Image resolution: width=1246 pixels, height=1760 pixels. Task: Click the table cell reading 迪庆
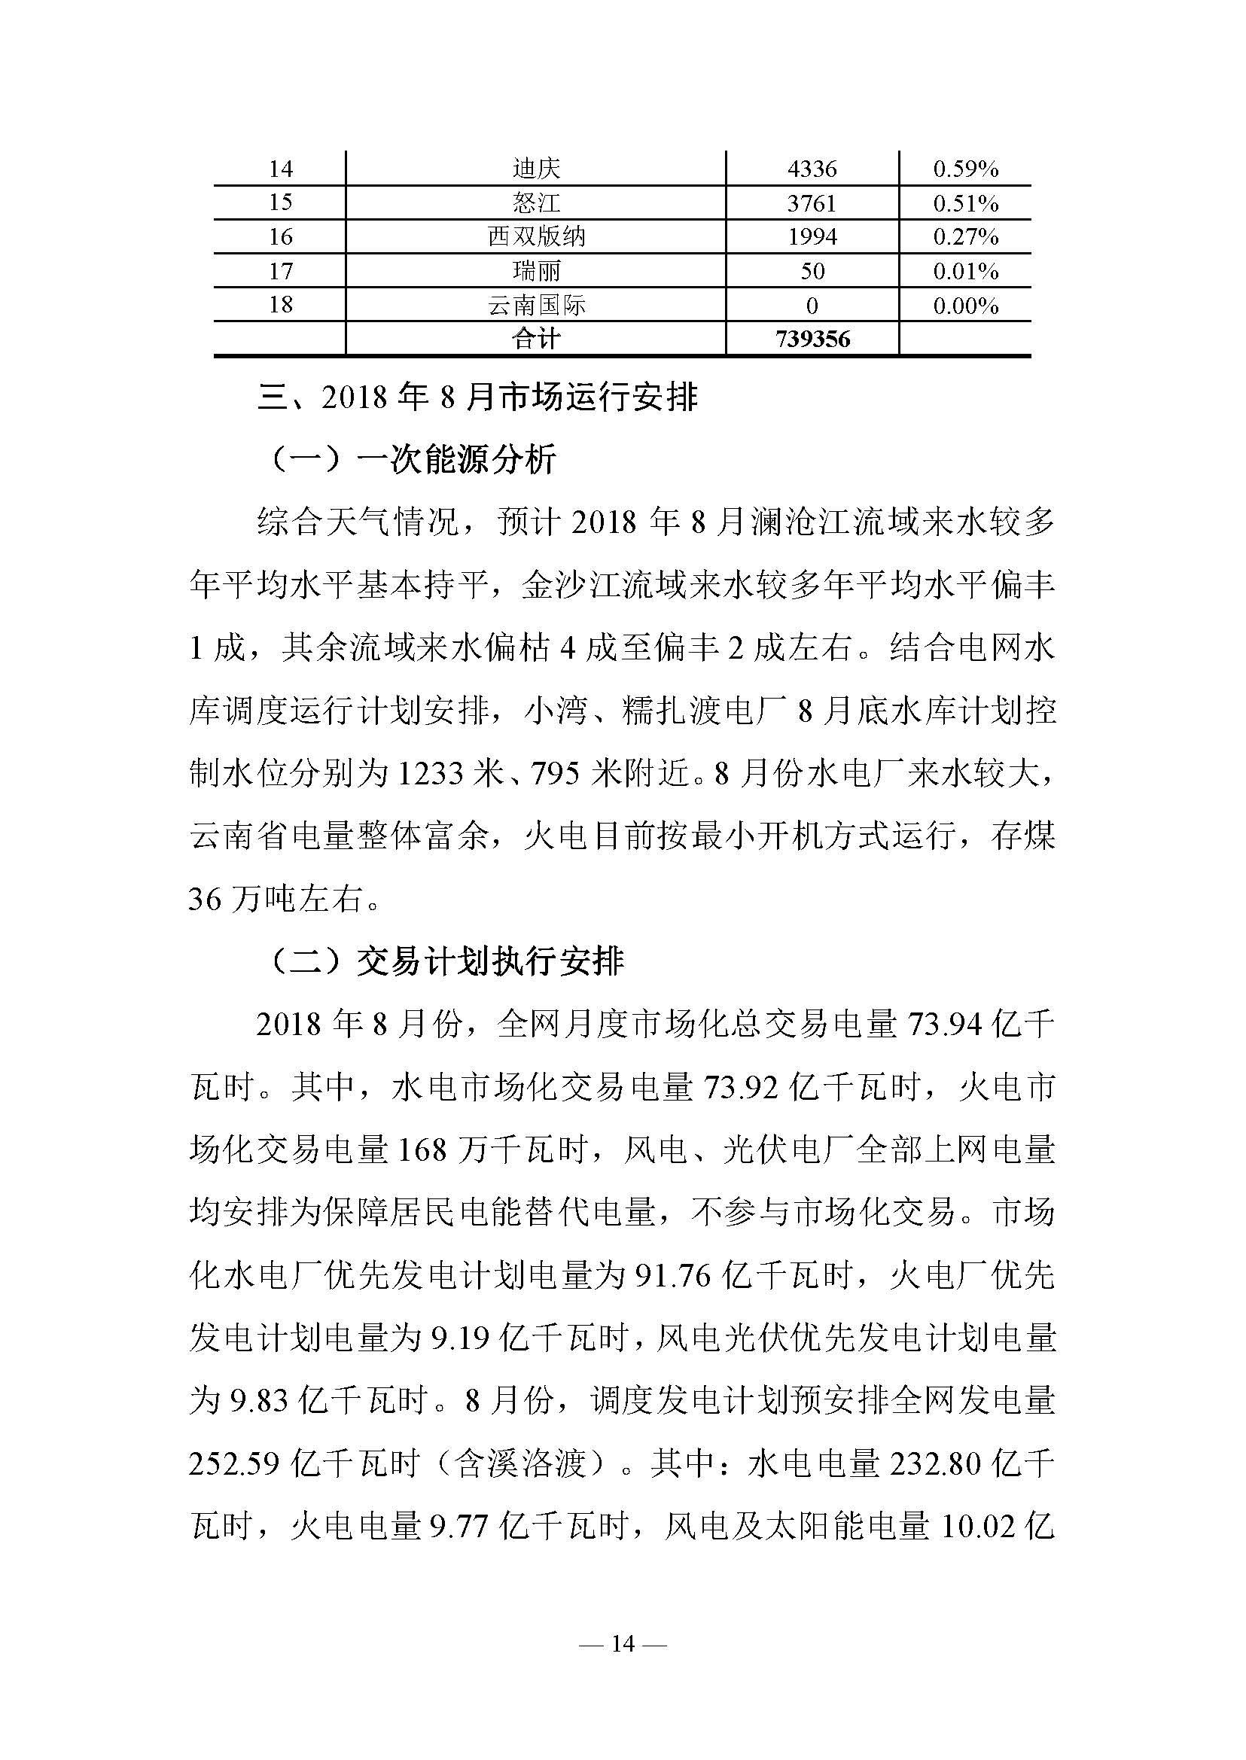click(536, 169)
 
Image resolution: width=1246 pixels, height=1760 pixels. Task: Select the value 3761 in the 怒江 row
click(812, 203)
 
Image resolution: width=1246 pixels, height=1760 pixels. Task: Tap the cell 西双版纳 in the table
click(536, 237)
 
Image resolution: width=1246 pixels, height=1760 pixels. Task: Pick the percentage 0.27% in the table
click(965, 237)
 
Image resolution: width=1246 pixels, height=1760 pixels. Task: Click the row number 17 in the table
click(280, 271)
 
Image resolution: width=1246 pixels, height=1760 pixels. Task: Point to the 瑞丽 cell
click(536, 271)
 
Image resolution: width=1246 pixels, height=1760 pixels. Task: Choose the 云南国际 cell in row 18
click(536, 306)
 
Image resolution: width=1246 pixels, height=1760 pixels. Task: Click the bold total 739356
click(812, 339)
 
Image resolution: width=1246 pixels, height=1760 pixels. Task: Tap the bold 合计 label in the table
click(536, 339)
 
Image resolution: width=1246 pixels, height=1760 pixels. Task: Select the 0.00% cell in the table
click(965, 306)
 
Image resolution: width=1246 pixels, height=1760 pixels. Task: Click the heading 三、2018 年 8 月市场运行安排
click(477, 398)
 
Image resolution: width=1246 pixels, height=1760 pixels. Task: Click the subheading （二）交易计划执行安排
click(447, 961)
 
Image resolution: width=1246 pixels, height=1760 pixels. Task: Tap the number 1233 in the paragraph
click(431, 774)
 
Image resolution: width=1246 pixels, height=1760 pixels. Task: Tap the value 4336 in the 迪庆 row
click(812, 169)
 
